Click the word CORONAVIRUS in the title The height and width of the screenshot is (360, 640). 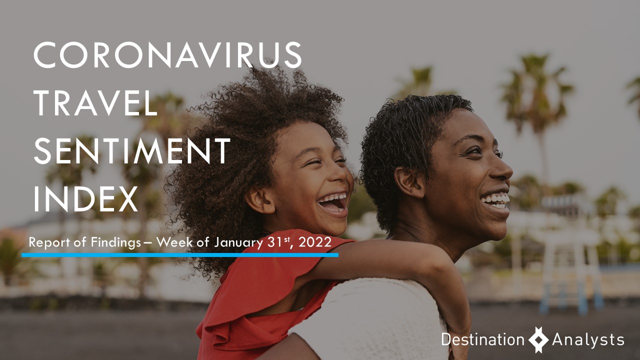(167, 54)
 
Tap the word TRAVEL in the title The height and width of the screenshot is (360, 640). (95, 103)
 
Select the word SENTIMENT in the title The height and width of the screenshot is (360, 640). (132, 150)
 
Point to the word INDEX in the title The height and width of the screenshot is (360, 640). (85, 198)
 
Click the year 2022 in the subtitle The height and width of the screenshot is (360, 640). (315, 242)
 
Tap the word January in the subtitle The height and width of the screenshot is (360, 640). (238, 243)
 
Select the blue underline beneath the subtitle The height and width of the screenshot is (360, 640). (180, 255)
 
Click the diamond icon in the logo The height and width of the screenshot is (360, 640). (538, 339)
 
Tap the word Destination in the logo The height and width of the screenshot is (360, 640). (483, 339)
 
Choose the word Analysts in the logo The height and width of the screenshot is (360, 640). (588, 340)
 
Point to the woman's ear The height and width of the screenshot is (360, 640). (410, 182)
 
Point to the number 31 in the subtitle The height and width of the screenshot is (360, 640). (272, 242)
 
